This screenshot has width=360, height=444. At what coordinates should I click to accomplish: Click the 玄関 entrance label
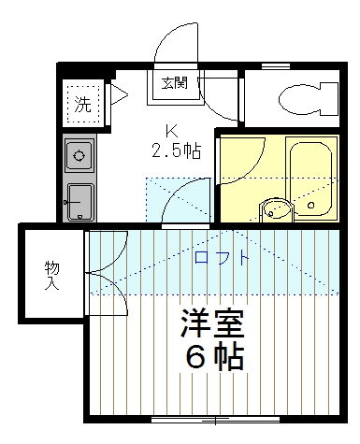tap(175, 82)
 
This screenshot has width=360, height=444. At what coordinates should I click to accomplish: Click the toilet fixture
tap(300, 96)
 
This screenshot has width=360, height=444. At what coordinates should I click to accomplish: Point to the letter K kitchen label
tap(171, 130)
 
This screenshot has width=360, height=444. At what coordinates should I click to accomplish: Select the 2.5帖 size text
tap(177, 150)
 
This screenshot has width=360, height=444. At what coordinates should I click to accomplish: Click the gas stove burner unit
tap(79, 154)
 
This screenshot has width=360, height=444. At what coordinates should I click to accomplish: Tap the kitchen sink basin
tap(79, 198)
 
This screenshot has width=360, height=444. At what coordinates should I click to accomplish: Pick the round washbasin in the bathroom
tap(275, 210)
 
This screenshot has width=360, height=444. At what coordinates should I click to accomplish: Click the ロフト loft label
tap(221, 257)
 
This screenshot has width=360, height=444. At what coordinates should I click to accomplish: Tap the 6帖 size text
tap(213, 357)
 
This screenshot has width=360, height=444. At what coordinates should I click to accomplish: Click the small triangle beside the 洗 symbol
tap(119, 93)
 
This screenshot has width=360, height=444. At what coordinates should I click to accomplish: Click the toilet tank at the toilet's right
tap(328, 97)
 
